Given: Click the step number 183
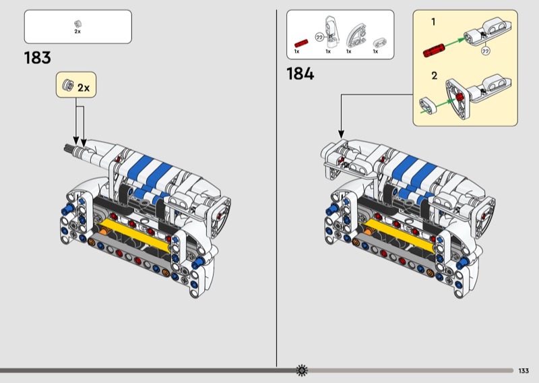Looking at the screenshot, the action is pos(38,57).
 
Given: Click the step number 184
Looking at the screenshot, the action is pos(300,73).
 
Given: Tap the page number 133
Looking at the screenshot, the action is pos(524,371).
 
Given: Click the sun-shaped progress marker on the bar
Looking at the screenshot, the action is pos(302,370).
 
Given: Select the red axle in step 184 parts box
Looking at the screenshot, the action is pos(301,43).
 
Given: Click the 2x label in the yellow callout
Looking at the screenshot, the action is pos(84,88).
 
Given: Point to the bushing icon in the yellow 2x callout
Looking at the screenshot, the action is pos(68,85).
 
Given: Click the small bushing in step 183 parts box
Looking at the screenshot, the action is pos(77,24).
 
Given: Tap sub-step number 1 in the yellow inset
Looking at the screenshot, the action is pos(433,22).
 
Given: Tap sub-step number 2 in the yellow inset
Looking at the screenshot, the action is pos(435,76).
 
